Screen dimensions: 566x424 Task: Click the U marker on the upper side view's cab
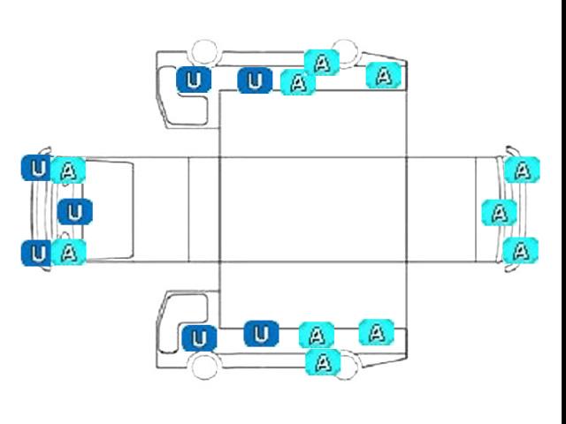(x=194, y=79)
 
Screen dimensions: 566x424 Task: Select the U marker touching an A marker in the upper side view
(x=255, y=80)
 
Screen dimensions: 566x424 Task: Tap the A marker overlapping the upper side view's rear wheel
(x=322, y=63)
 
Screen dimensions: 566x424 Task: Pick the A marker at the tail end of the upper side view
(x=383, y=75)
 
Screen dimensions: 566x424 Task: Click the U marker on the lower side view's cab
(x=199, y=338)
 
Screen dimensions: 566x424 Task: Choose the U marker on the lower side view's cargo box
(x=262, y=334)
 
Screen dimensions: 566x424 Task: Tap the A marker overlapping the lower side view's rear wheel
(x=323, y=362)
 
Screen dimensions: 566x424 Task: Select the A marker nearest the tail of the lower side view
(x=377, y=332)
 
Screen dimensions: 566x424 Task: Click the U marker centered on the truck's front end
(x=75, y=212)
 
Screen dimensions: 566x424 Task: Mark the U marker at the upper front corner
(x=36, y=168)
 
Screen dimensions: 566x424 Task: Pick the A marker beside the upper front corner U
(x=68, y=170)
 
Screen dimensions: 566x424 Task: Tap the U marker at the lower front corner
(x=36, y=254)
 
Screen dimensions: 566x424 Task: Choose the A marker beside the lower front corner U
(x=69, y=252)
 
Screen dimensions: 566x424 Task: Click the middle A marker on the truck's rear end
(x=499, y=213)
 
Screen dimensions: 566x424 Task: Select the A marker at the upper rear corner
(x=523, y=170)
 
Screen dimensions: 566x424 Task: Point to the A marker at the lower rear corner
(x=521, y=251)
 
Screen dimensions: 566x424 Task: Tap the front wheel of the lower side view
(x=204, y=367)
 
